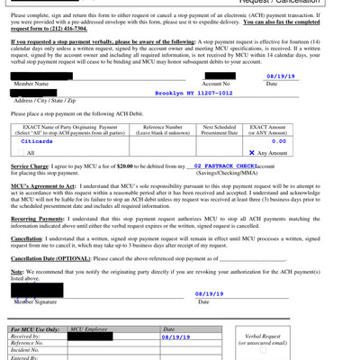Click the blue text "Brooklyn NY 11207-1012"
click(x=199, y=92)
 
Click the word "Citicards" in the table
click(x=36, y=141)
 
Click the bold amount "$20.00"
click(x=128, y=167)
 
